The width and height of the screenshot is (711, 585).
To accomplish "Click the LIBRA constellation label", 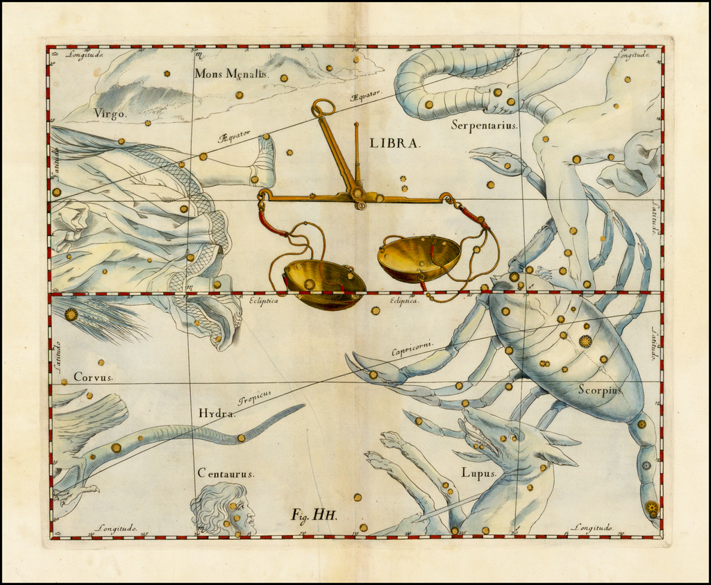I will tap(395, 143).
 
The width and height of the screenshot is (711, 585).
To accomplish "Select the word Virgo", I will tap(110, 113).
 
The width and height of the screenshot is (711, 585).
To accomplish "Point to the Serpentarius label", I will tap(484, 125).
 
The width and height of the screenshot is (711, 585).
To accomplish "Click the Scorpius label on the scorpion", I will tap(600, 389).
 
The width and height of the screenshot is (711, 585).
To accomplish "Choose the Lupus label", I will tap(479, 473).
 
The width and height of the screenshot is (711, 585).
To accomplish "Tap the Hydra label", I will tap(217, 413).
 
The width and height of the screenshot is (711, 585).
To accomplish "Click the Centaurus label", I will tap(226, 473).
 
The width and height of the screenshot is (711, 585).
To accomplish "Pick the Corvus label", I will tap(93, 378).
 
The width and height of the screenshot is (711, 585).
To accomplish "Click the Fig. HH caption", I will tap(314, 514).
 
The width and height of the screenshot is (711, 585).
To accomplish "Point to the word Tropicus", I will tap(254, 397).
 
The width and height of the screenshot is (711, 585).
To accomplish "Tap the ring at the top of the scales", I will tap(323, 108).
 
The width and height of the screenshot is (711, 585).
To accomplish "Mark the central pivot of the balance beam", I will tap(358, 195).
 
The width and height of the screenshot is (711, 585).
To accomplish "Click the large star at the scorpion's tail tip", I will tap(651, 508).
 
